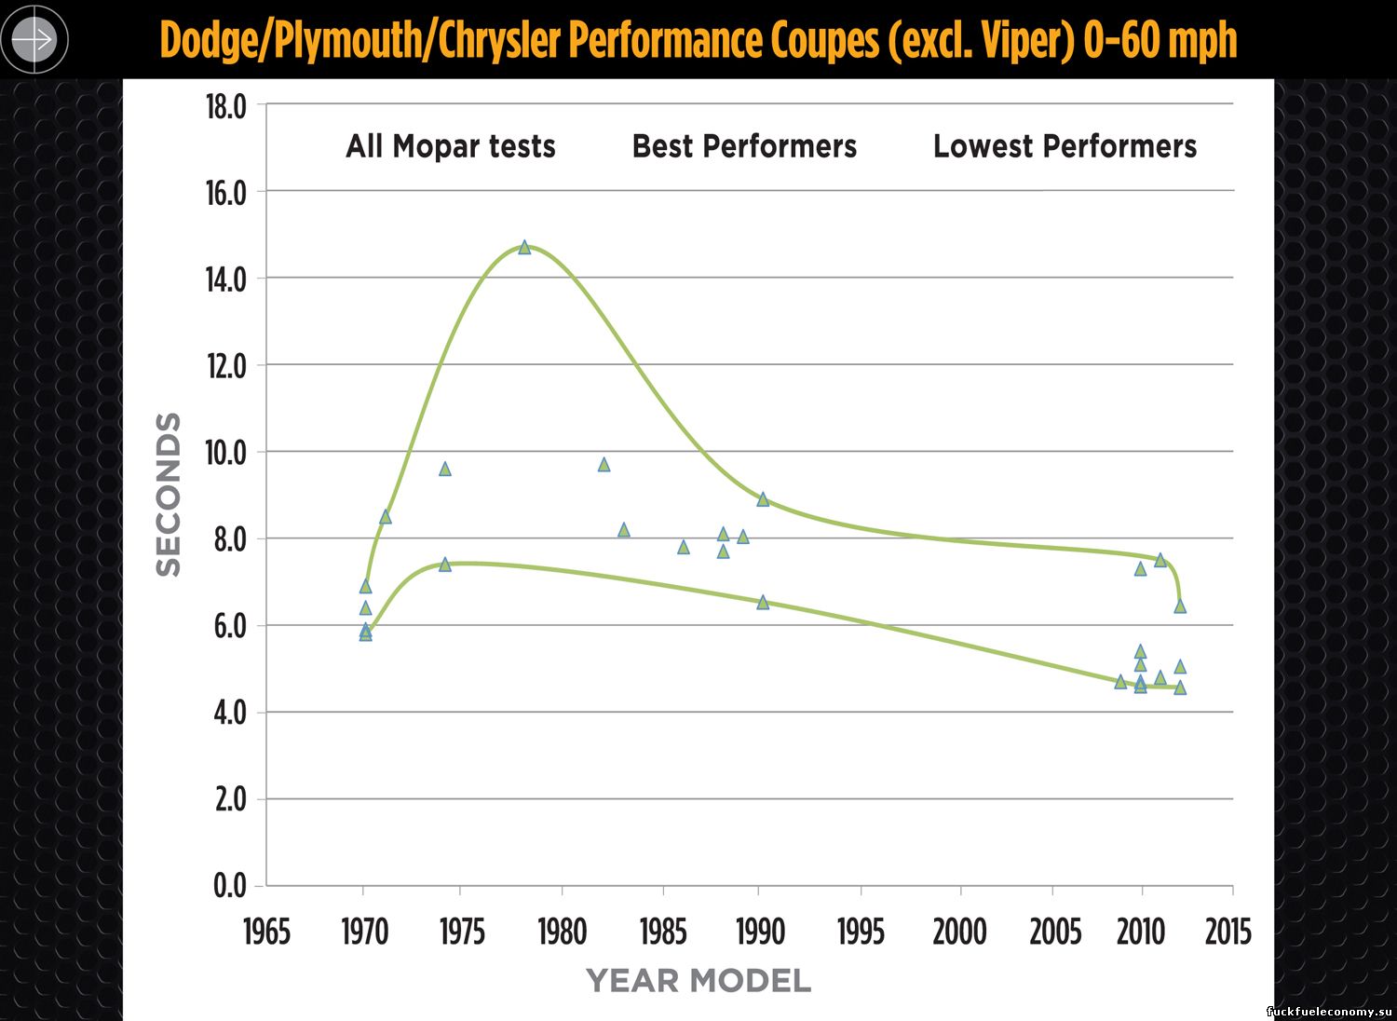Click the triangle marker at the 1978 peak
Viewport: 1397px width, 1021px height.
coord(524,248)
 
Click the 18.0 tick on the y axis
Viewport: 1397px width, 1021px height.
coord(225,108)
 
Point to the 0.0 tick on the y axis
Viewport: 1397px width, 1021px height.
coord(229,885)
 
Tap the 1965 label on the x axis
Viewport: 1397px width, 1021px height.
coord(266,932)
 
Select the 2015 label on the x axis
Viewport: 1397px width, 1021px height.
coord(1227,932)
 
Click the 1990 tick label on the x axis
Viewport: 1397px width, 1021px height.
coord(760,932)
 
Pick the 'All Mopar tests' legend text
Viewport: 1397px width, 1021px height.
coord(451,146)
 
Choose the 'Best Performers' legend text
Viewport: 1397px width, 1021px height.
coord(744,146)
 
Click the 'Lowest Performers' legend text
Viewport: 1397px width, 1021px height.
coord(1065,146)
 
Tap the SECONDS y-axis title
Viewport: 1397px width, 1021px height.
coord(169,495)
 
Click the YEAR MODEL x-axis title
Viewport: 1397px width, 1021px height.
coord(698,981)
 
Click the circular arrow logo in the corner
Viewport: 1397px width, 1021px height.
coord(34,40)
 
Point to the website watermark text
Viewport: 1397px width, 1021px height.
coord(1329,1012)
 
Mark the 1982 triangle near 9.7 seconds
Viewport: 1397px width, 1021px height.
coord(604,465)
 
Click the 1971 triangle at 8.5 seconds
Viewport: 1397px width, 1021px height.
coord(386,517)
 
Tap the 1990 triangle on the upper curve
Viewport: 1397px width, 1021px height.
coord(763,499)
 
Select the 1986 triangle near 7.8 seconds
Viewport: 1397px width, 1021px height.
coord(684,548)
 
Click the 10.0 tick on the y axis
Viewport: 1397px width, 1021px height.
coord(225,454)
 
